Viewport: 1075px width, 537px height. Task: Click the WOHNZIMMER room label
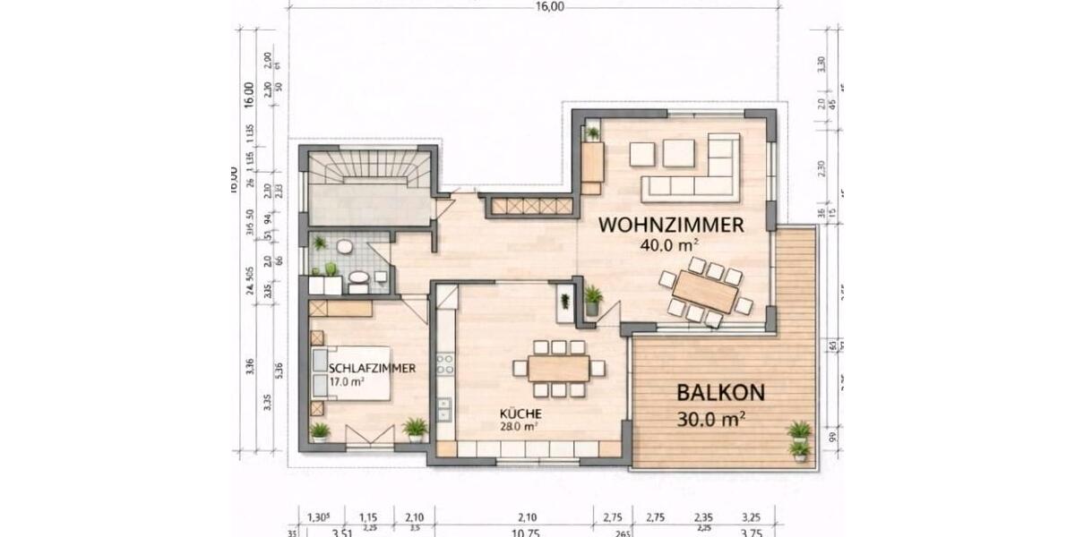[x=671, y=225]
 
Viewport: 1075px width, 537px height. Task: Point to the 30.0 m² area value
[x=713, y=417]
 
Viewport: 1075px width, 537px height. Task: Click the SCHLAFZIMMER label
[x=359, y=368]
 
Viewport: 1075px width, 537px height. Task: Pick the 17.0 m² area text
[x=347, y=380]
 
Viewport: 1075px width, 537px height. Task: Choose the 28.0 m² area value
[x=519, y=427]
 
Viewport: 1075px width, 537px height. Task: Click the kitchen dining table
[x=558, y=368]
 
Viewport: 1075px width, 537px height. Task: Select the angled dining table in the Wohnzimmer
[x=706, y=292]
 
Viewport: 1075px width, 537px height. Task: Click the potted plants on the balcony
[x=799, y=439]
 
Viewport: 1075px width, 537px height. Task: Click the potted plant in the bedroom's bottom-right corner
[x=415, y=429]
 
